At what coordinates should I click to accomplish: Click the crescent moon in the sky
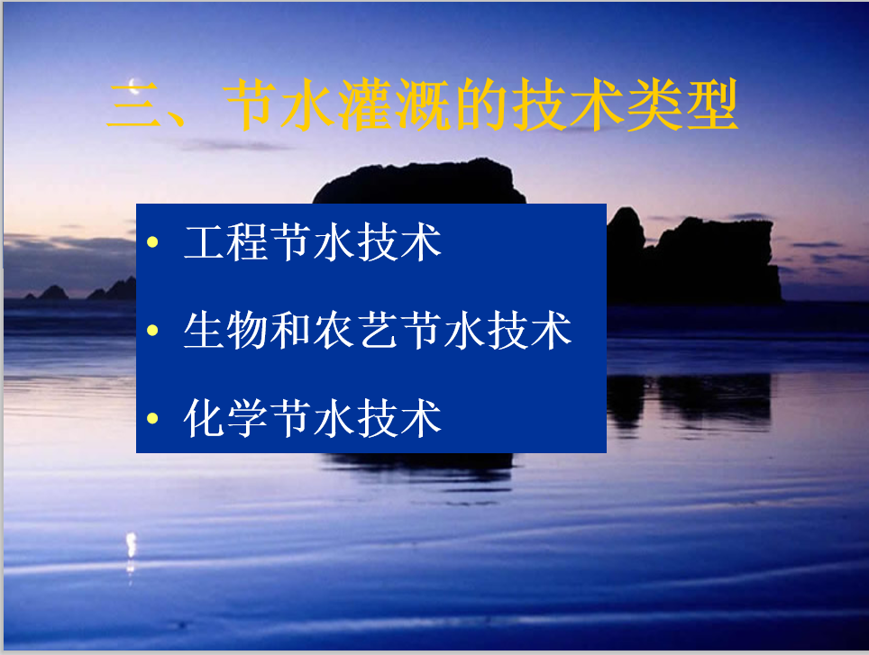pos(133,86)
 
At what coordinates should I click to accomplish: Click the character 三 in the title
pos(134,105)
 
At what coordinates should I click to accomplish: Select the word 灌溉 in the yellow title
pos(394,105)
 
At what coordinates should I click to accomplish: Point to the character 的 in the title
pos(480,105)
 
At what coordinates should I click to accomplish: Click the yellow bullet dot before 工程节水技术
pos(153,242)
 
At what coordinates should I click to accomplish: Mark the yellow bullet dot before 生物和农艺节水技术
pos(153,331)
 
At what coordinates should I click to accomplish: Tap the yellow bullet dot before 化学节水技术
pos(153,419)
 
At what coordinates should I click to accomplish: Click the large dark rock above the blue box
pos(419,183)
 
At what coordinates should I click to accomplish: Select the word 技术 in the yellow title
pos(566,105)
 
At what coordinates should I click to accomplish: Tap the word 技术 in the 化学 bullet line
pos(399,418)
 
